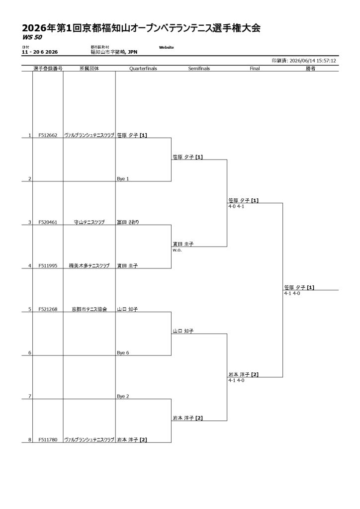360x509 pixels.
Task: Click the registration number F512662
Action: (48, 135)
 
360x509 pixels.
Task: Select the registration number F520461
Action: (48, 222)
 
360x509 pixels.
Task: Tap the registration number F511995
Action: (48, 266)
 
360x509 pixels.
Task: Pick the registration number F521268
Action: (48, 309)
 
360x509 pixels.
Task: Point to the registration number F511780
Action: (48, 440)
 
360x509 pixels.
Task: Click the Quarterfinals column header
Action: (143, 69)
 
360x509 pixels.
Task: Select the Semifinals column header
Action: (199, 69)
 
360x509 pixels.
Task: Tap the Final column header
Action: (255, 69)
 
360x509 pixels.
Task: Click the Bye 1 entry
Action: (123, 179)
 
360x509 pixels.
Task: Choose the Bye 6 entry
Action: (123, 353)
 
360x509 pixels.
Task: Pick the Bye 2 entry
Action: (123, 396)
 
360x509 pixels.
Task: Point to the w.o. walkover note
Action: (177, 251)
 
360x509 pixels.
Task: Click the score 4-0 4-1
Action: (236, 206)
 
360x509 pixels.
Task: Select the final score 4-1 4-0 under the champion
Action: (292, 293)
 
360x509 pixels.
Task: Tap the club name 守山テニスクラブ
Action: (90, 222)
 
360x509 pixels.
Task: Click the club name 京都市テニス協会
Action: (90, 309)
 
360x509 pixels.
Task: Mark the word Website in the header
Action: (166, 47)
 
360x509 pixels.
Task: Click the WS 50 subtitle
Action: (32, 37)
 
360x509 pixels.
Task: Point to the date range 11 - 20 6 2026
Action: (40, 52)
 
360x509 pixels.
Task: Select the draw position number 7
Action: (30, 396)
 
